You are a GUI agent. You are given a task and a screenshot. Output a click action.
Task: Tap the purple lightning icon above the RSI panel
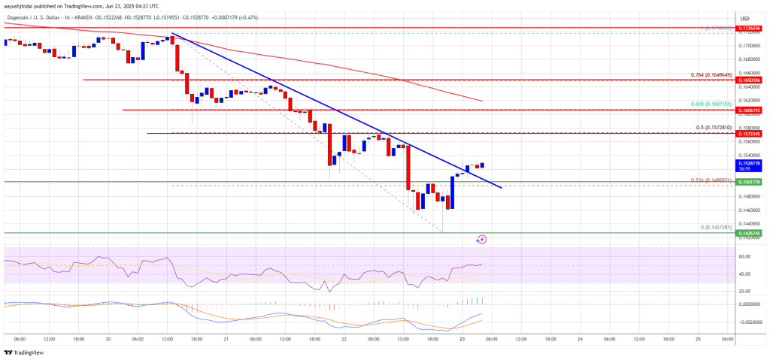point(481,239)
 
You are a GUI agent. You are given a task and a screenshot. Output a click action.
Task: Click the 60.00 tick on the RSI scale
point(744,256)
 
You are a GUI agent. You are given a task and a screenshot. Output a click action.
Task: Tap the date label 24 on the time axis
point(580,338)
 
